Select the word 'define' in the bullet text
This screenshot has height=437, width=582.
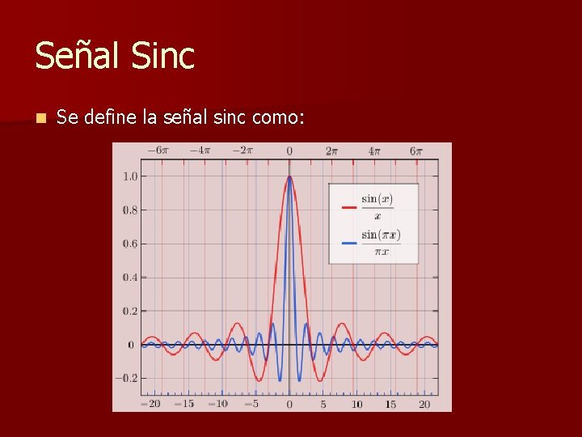click(109, 117)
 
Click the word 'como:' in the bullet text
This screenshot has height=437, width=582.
click(278, 117)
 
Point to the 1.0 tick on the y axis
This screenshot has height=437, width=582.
click(129, 176)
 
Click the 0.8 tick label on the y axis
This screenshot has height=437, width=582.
click(129, 210)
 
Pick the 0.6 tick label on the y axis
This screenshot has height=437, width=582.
click(129, 244)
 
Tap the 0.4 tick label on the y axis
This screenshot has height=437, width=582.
click(129, 278)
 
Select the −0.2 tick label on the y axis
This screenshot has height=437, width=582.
click(126, 378)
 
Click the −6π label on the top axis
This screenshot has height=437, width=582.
click(157, 151)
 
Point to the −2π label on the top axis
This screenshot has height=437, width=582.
click(242, 151)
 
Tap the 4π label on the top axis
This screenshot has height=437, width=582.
click(374, 151)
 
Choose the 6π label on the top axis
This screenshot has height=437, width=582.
click(416, 151)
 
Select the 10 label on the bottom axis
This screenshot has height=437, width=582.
click(356, 403)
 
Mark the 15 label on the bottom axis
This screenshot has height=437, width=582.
click(390, 403)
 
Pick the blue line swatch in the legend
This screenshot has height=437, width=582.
click(349, 243)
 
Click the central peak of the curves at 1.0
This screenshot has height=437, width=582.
click(289, 177)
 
